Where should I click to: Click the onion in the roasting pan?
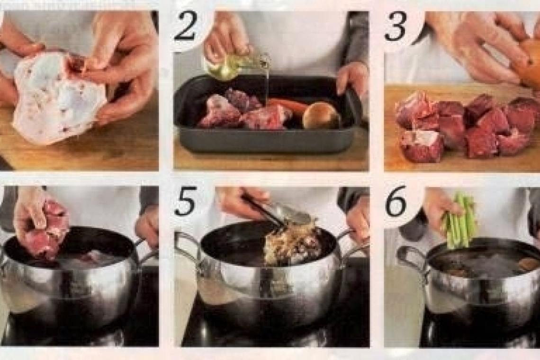point(321,115)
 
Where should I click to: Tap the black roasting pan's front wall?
point(265,142)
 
